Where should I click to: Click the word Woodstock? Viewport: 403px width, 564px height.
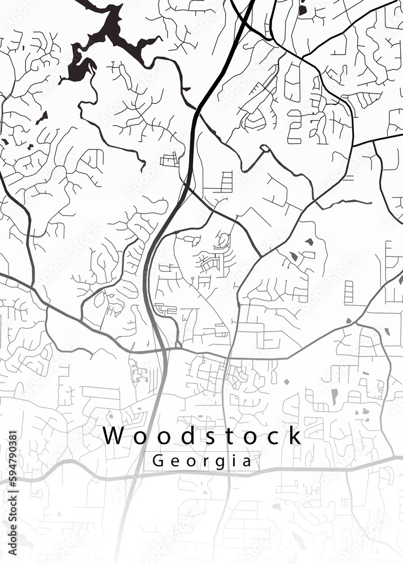(202, 436)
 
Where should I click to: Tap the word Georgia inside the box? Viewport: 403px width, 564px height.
(201, 461)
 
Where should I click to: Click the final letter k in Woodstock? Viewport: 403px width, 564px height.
(293, 436)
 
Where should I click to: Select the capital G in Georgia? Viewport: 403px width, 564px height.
(158, 461)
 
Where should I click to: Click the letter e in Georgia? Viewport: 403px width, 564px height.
(174, 461)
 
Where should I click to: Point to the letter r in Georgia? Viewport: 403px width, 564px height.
(204, 461)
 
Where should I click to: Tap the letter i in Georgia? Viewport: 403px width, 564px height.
(233, 460)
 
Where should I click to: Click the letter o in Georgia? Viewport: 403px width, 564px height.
(190, 461)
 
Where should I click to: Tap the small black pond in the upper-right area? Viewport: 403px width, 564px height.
(303, 10)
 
